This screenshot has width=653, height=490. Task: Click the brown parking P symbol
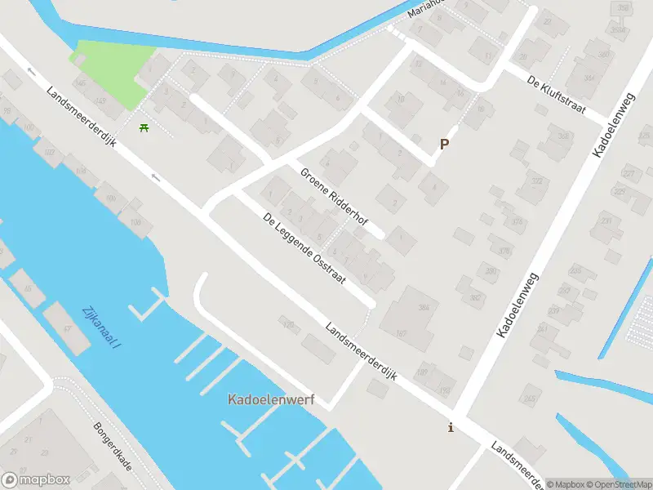click(445, 144)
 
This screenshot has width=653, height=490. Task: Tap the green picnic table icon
click(144, 127)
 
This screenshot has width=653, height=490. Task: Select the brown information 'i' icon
click(451, 427)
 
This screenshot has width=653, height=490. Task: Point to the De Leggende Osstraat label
click(304, 248)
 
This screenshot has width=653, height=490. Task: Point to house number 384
click(424, 308)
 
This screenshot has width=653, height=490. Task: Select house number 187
click(402, 333)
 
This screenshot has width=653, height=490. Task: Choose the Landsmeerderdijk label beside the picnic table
click(82, 118)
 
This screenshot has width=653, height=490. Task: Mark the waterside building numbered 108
click(135, 222)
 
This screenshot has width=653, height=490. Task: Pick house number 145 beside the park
click(100, 100)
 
